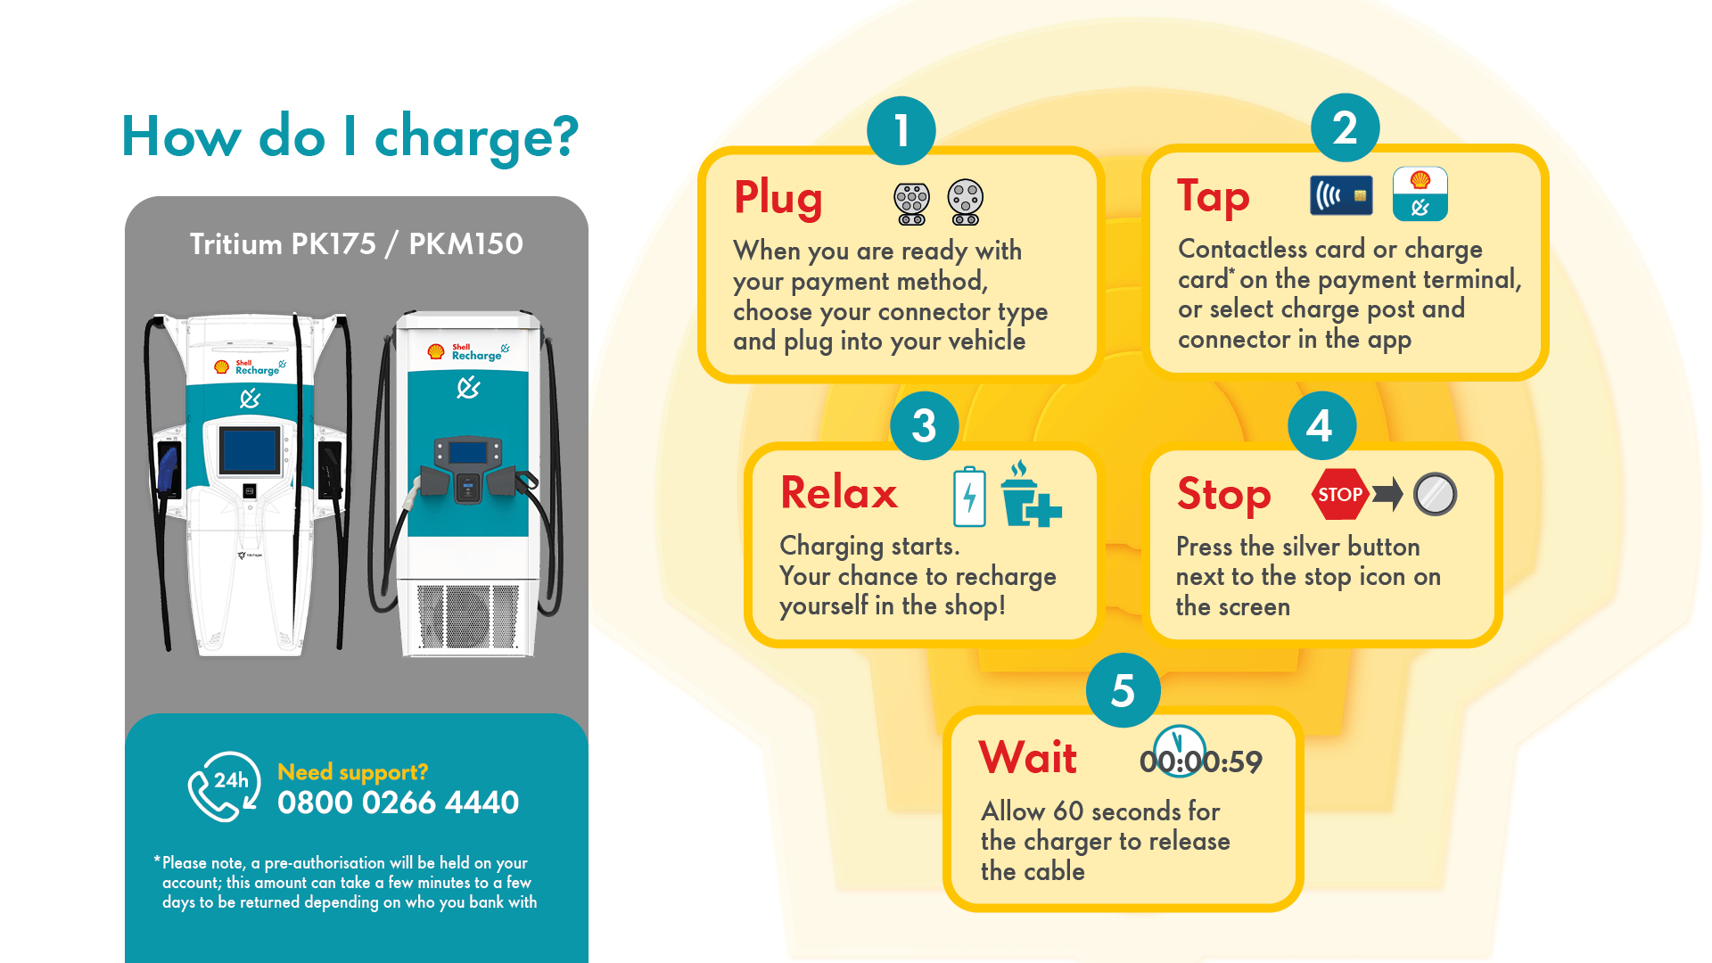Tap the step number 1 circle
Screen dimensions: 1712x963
coord(901,130)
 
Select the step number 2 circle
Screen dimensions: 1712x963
coord(1345,128)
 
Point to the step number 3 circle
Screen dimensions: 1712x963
coord(925,425)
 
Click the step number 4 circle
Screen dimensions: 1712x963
coord(1321,425)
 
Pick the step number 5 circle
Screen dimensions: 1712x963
coord(1123,689)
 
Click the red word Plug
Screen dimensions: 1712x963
coord(778,198)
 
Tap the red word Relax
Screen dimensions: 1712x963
coord(839,492)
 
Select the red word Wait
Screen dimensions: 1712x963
coord(1028,758)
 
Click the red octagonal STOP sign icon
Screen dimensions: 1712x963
coord(1340,494)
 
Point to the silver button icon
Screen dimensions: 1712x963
coord(1435,494)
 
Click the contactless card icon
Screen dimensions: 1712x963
coord(1341,195)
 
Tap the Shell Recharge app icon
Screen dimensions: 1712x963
coord(1420,193)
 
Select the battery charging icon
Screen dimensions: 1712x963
coord(969,496)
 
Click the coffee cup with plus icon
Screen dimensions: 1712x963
coord(1030,494)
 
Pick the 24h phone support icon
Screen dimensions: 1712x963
coord(224,786)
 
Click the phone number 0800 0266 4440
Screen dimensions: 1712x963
coord(398,802)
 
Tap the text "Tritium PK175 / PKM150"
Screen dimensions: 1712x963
coord(356,244)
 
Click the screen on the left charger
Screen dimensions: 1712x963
coord(250,450)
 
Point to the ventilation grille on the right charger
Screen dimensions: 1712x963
coord(468,617)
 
